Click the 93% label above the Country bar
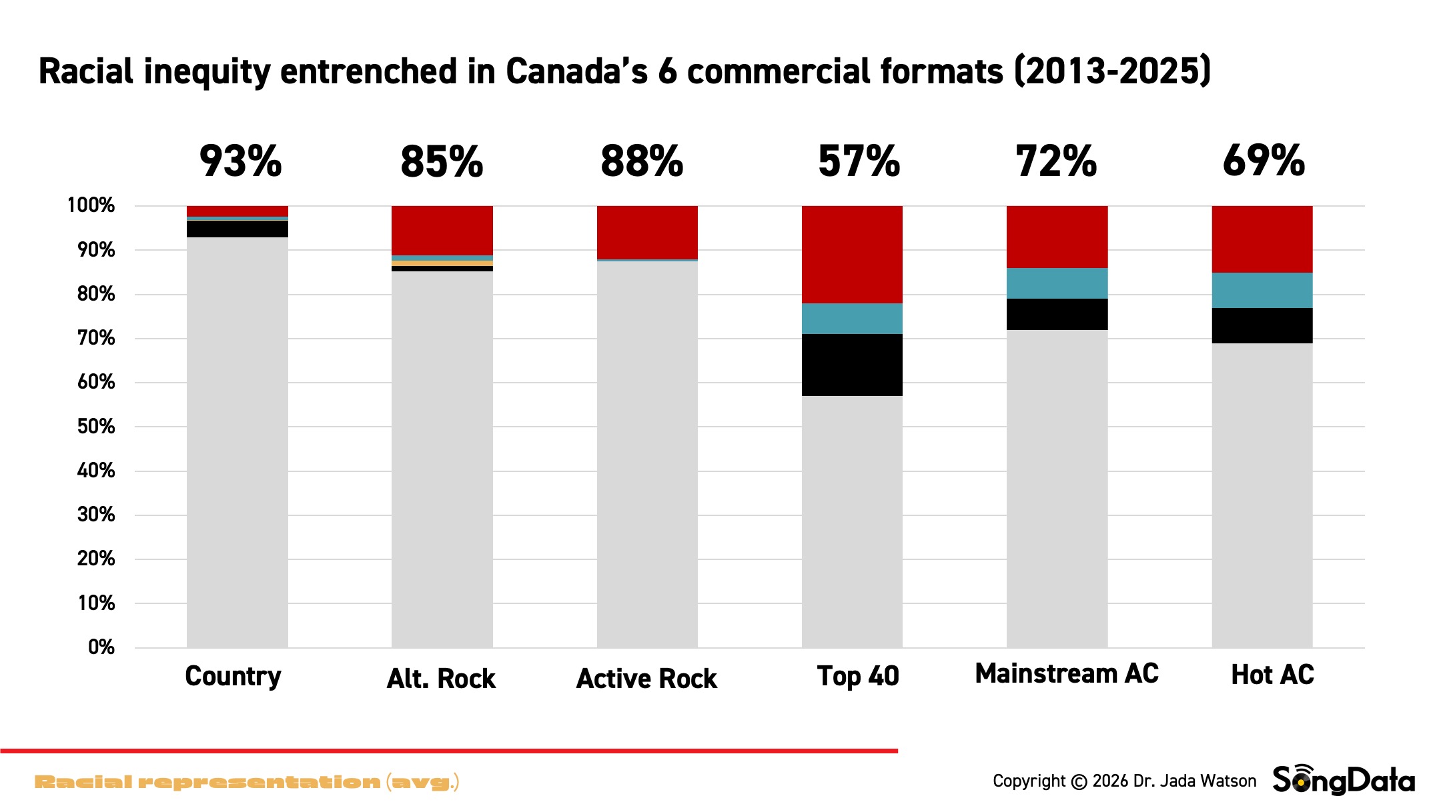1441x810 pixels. (x=240, y=161)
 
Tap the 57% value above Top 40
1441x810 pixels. (x=859, y=161)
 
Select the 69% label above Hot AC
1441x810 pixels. (x=1264, y=161)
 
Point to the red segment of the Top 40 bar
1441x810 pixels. (x=852, y=254)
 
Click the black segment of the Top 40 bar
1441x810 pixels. (x=852, y=365)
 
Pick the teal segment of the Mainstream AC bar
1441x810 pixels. (x=1057, y=283)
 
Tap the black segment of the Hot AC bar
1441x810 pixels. (x=1262, y=325)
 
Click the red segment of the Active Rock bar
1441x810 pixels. (x=647, y=232)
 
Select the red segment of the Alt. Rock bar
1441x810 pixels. (x=442, y=230)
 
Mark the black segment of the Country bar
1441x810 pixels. (x=237, y=229)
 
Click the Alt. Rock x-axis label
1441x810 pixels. (x=441, y=679)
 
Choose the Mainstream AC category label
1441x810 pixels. (x=1066, y=673)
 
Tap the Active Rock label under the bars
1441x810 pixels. (x=646, y=679)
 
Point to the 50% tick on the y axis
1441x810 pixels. (x=96, y=427)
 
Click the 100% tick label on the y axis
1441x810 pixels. (x=91, y=205)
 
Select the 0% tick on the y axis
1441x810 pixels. (x=101, y=647)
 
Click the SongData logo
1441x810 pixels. (x=1343, y=780)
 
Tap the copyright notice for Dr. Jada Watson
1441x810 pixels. (x=1124, y=781)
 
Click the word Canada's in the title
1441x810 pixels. (x=576, y=71)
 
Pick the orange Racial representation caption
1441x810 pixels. (x=246, y=782)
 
